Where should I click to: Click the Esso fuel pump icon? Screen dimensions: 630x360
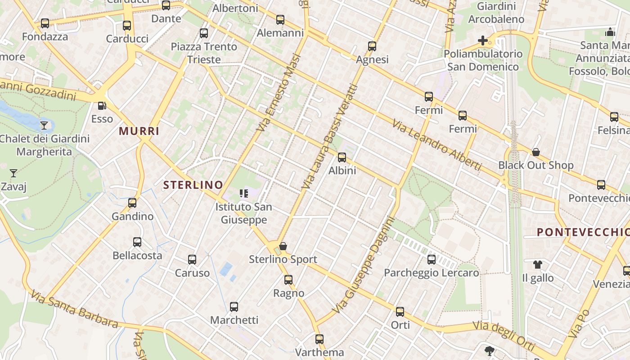tap(102, 106)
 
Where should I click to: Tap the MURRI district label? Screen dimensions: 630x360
tap(139, 131)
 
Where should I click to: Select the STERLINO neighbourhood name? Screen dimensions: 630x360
tap(193, 184)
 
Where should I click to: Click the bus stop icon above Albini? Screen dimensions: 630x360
tap(342, 157)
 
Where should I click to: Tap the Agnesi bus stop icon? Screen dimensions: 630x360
tap(372, 46)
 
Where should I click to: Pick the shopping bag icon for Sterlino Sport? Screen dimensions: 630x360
tap(283, 246)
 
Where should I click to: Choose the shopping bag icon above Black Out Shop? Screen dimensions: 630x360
tap(535, 152)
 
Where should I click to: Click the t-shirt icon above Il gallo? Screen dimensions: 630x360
tap(538, 265)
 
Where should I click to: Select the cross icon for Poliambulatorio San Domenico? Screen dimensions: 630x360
tap(483, 40)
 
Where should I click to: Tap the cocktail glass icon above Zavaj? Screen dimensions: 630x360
tap(13, 173)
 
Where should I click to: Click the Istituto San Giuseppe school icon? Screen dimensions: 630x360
tap(244, 194)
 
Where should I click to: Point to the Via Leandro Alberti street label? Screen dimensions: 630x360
tap(436, 145)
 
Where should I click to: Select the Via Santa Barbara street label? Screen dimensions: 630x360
tap(75, 309)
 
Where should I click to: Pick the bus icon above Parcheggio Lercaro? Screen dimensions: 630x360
tap(432, 260)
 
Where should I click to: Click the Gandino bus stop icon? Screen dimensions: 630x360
tap(132, 203)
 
